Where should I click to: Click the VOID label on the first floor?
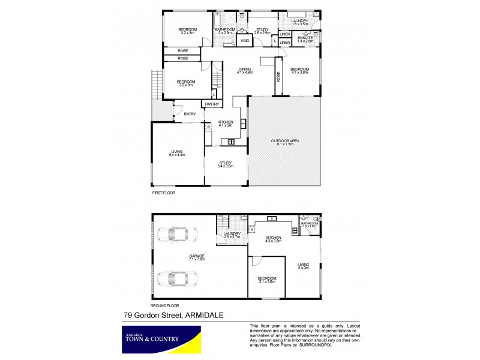coord(245,41)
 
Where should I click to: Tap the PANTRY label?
coord(211,104)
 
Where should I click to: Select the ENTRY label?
coord(190,114)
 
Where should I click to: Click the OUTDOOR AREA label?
coord(285,142)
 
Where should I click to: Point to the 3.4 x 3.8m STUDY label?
coord(226,164)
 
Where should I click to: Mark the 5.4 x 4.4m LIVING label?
coord(176,153)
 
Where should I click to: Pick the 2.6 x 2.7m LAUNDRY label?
coord(232,235)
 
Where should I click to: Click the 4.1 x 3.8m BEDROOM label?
coord(299,70)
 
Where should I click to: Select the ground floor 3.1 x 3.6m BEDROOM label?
coord(267,280)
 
